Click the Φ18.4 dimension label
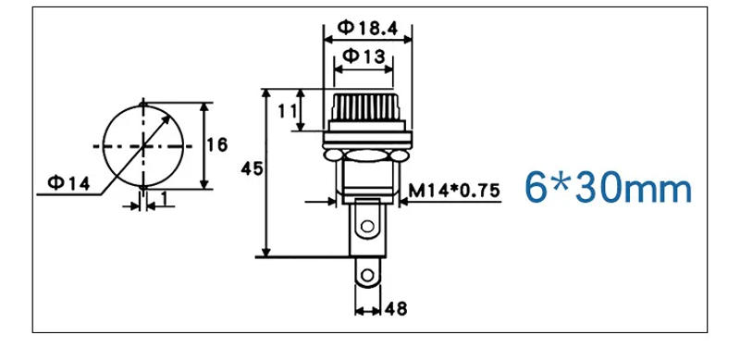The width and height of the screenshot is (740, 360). (367, 28)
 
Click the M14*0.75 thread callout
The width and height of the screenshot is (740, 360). (454, 191)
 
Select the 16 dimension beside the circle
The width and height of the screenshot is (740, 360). (217, 144)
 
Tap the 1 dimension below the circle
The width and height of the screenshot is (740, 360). (164, 198)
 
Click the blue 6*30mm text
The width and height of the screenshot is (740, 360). (607, 188)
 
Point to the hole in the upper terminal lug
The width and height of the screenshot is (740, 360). (368, 223)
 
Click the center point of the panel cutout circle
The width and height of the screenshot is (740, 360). (142, 145)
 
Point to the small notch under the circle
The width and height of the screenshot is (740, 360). (143, 191)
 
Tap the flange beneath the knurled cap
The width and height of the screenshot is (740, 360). (367, 139)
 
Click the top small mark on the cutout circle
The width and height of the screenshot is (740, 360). (142, 101)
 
